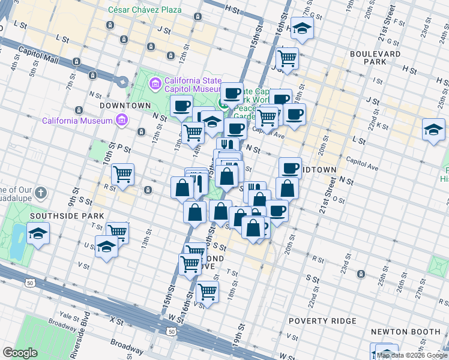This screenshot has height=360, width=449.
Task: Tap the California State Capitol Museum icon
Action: click(x=155, y=83)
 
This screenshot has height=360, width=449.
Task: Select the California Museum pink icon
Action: click(x=122, y=120)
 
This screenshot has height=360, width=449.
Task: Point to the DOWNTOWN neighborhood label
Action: click(x=125, y=106)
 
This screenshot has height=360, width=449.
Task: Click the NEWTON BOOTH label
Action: click(x=406, y=332)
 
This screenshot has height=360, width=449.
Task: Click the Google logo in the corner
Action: click(x=20, y=353)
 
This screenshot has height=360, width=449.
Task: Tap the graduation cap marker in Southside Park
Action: click(x=38, y=233)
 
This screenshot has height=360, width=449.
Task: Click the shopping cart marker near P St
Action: click(x=123, y=174)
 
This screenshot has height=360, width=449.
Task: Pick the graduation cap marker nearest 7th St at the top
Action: click(x=302, y=28)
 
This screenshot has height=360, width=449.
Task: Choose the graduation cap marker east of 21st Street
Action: click(x=433, y=129)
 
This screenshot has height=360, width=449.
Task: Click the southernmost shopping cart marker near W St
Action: click(x=207, y=292)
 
